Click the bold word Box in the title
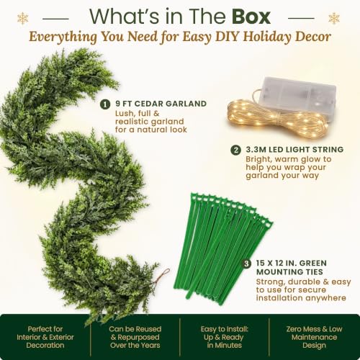(251, 17)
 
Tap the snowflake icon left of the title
(23, 19)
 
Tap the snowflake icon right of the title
(334, 19)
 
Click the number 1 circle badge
(105, 104)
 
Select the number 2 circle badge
(235, 150)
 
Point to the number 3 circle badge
(246, 264)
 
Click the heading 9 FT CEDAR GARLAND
(161, 104)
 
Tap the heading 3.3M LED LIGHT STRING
(294, 149)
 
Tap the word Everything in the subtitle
(63, 37)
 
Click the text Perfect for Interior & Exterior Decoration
(45, 337)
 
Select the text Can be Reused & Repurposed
(135, 333)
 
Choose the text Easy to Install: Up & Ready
(224, 333)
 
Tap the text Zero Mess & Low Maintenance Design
(314, 337)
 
